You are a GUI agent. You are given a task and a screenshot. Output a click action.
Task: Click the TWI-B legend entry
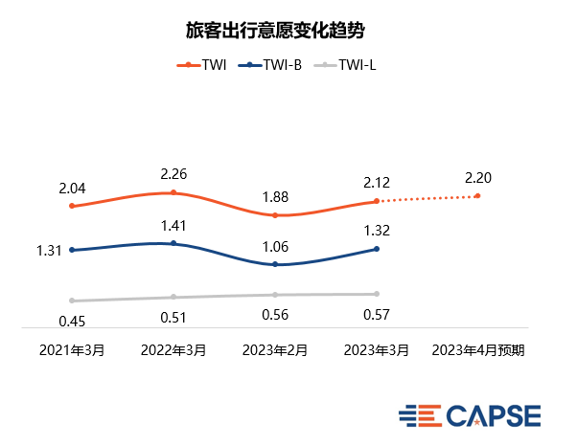pos(273,65)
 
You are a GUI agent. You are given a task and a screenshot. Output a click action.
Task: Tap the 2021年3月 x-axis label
pos(72,350)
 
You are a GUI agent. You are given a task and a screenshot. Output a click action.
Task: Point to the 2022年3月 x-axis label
pos(173,350)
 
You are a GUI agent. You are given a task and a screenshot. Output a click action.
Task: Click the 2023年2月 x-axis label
pos(275,350)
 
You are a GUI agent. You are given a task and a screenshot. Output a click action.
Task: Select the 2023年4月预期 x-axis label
pos(478,350)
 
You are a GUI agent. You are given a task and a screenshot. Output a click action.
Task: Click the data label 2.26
pos(173,174)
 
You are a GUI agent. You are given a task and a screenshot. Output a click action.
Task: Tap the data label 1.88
pos(275,197)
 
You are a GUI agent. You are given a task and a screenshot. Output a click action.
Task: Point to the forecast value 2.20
pos(478,178)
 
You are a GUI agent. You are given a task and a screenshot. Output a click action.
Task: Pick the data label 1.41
pos(173,227)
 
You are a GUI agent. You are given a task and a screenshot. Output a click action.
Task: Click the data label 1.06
pos(275,247)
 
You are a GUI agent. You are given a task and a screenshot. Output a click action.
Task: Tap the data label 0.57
pos(377,315)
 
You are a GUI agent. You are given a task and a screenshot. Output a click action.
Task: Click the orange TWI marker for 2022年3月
pos(173,192)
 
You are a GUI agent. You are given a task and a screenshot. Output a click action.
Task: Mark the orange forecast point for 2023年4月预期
pos(477,196)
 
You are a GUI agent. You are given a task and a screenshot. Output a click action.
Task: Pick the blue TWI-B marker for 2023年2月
pos(275,264)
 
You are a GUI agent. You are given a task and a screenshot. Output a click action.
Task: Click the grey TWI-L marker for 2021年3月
pos(72,301)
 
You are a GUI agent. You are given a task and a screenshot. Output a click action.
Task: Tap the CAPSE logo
pos(470,415)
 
